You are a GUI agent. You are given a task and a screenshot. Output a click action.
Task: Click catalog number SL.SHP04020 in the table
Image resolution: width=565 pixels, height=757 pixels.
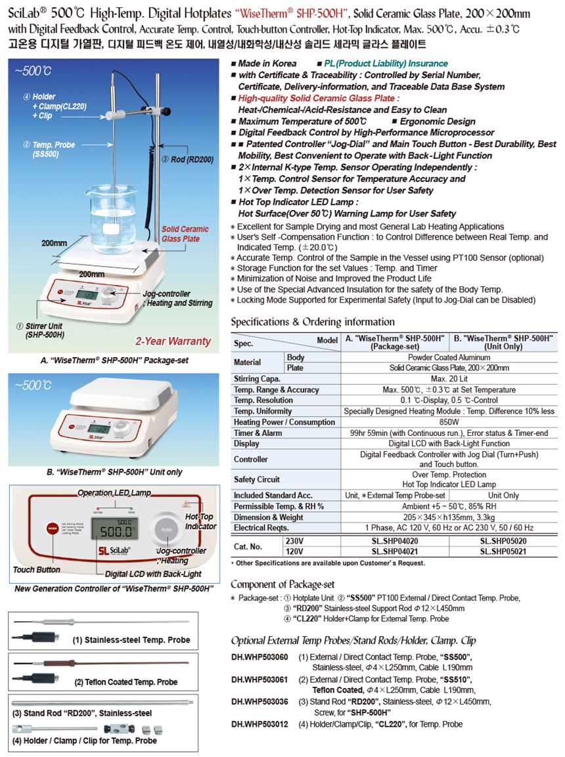pos(395,541)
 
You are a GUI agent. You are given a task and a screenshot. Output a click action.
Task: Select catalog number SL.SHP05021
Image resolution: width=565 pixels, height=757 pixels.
pos(503,552)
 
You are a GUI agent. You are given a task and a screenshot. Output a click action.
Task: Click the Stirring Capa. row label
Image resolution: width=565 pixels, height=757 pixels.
pos(257,378)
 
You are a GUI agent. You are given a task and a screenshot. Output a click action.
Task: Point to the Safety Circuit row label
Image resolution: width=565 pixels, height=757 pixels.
pos(257,479)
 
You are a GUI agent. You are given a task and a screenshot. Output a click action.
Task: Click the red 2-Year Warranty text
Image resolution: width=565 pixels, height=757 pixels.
pos(173,341)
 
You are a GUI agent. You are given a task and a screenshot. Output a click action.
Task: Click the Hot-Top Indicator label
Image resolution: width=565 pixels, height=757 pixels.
pos(200,521)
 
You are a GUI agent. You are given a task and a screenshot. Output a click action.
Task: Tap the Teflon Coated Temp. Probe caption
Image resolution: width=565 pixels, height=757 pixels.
pos(126,682)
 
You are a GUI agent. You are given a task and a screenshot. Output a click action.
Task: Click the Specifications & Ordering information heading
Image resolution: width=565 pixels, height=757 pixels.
pos(313,322)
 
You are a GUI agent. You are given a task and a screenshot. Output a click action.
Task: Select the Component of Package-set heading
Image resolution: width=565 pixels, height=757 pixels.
pos(282,584)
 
